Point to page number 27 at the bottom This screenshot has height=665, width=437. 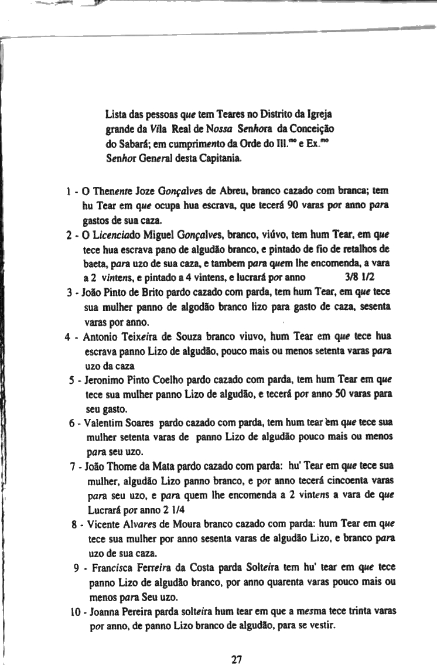click(237, 659)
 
